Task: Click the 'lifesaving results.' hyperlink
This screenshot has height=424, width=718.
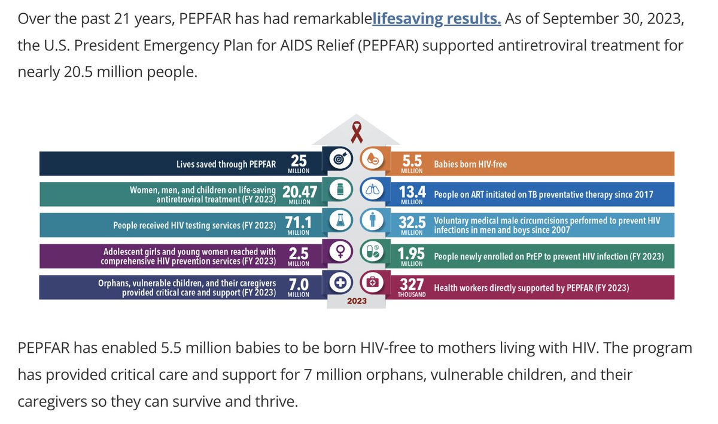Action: pos(436,18)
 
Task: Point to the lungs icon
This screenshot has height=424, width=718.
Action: pos(372,191)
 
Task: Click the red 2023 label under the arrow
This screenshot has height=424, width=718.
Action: pos(357,302)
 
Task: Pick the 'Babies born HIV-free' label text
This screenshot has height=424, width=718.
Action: pos(470,163)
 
